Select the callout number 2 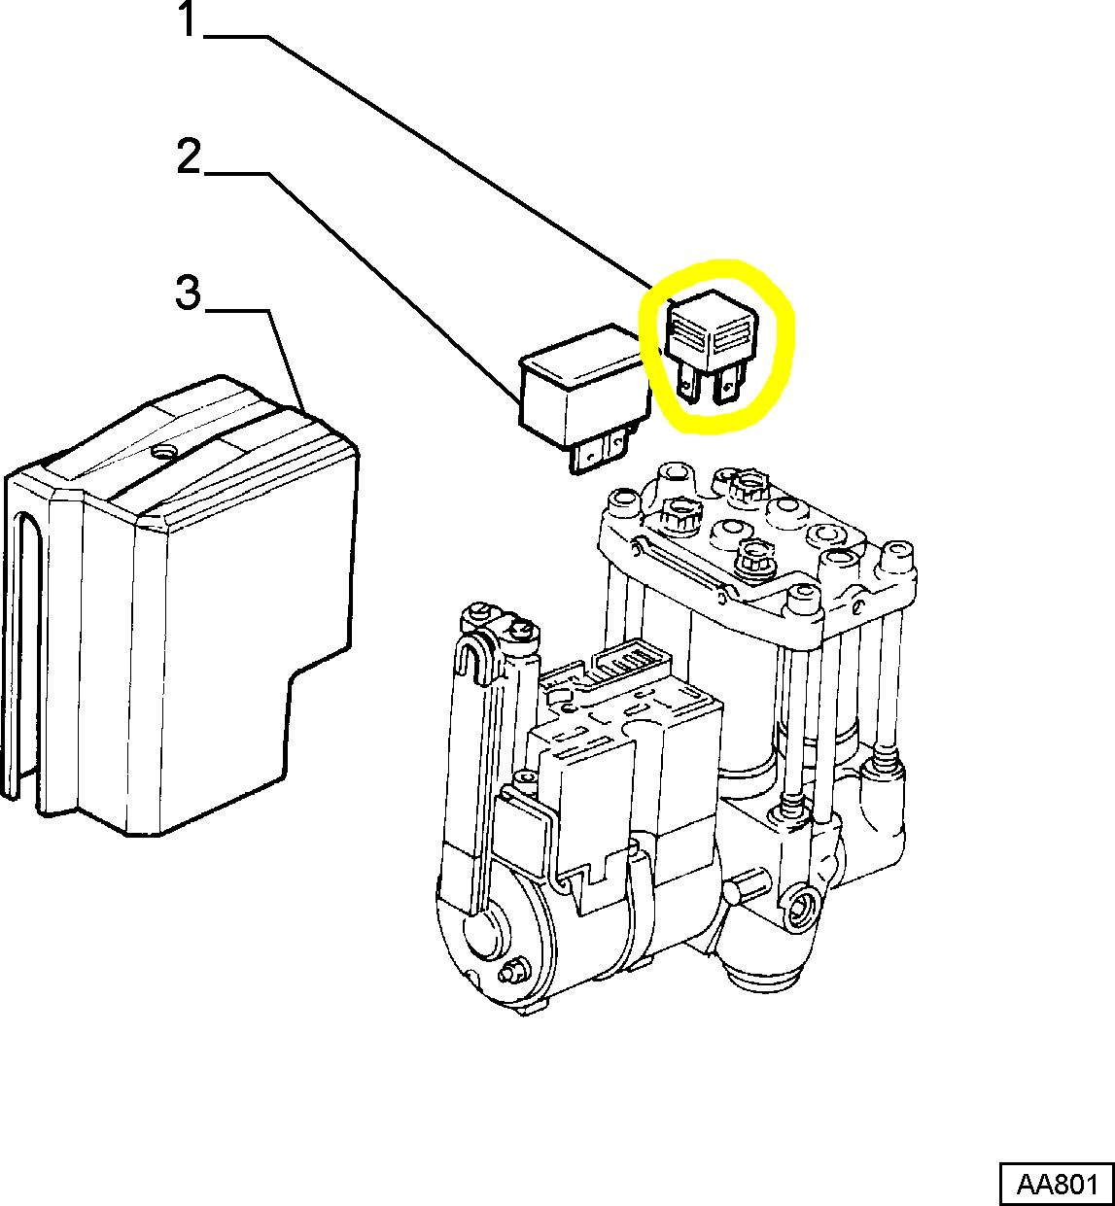[x=188, y=157]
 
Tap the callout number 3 [x=188, y=293]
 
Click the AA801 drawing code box [x=1057, y=1185]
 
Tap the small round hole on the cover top [x=164, y=452]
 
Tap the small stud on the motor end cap [x=509, y=973]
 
